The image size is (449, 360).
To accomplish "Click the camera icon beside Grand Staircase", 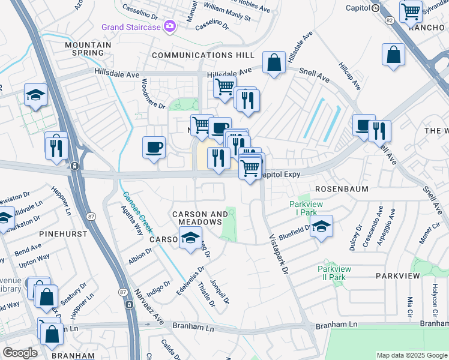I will pyautogui.click(x=170, y=26).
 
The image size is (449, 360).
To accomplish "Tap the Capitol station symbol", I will pyautogui.click(x=375, y=8).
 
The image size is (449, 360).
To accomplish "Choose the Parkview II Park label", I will pyautogui.click(x=331, y=273).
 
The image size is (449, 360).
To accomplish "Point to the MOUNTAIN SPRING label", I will pyautogui.click(x=88, y=49).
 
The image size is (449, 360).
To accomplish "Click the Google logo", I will pyautogui.click(x=20, y=353).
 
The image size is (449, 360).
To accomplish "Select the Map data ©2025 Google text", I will pyautogui.click(x=411, y=355).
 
